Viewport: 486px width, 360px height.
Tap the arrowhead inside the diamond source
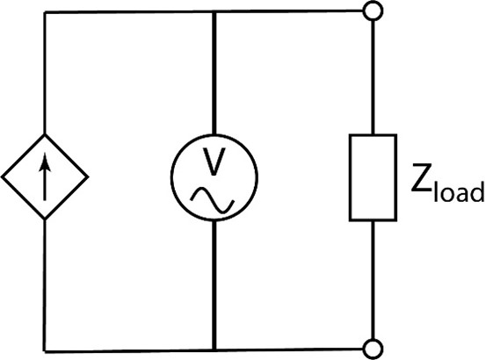(x=45, y=162)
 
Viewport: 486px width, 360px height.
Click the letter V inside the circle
(x=214, y=162)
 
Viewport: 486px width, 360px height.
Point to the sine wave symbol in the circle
(x=213, y=200)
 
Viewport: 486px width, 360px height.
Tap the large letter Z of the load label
(x=422, y=177)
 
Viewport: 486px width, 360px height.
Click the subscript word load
(x=459, y=191)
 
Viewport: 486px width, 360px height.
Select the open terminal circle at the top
(x=373, y=11)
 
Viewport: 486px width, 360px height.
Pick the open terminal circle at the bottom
(x=373, y=349)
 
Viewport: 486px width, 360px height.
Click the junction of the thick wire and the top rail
(x=214, y=12)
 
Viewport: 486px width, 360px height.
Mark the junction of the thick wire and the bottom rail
(x=214, y=350)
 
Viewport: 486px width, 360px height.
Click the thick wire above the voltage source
(x=214, y=73)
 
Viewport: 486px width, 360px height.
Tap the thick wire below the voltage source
(x=214, y=285)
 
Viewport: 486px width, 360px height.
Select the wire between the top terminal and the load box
(x=373, y=77)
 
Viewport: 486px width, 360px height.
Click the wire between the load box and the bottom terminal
(x=374, y=280)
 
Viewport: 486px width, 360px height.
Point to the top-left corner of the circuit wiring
(x=45, y=12)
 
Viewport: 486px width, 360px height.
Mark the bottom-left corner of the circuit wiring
(x=45, y=351)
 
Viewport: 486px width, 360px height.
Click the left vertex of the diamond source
(x=2, y=177)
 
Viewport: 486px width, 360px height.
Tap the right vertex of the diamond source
(x=89, y=177)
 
